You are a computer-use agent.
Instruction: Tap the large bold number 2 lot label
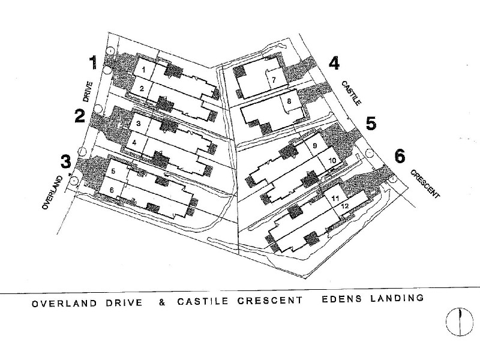click(80, 115)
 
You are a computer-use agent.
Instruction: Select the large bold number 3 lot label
click(67, 161)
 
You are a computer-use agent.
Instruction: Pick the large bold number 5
click(371, 124)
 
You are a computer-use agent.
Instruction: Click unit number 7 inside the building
click(273, 80)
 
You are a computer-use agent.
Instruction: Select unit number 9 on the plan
click(314, 146)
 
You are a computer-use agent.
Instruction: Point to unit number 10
click(332, 160)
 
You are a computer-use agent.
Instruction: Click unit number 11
click(335, 197)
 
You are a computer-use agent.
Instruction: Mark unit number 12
click(344, 206)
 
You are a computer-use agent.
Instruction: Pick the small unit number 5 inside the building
click(113, 172)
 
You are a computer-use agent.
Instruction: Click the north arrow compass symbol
click(459, 322)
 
